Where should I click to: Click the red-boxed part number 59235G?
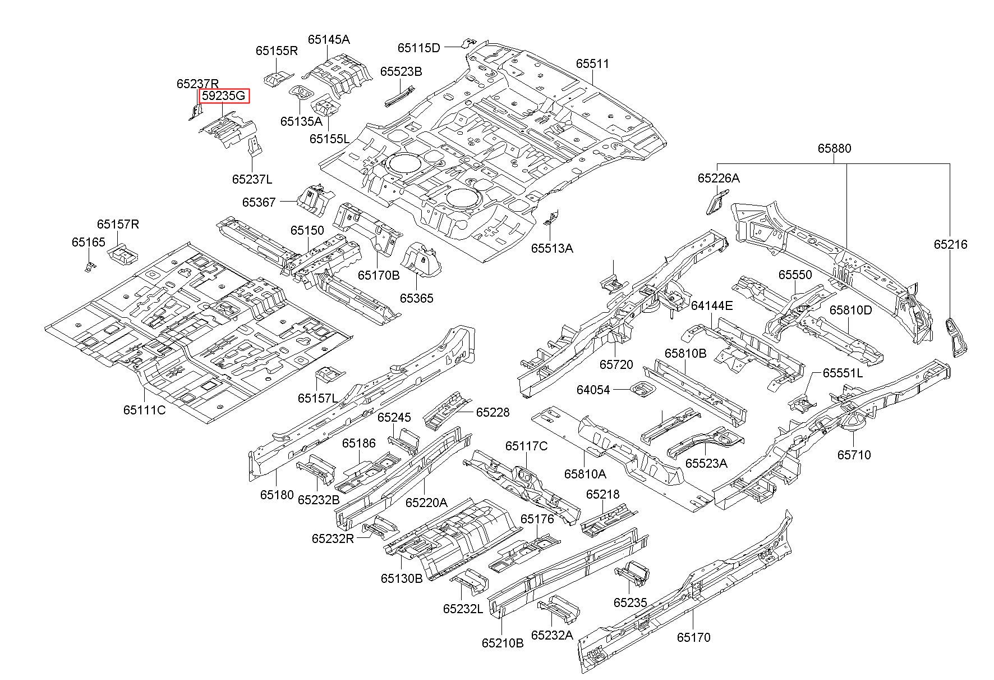224,96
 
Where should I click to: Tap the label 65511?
592,63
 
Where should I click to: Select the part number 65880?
834,148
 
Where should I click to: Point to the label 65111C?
145,409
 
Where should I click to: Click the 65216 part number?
950,244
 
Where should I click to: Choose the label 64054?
593,390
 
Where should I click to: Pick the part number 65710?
854,454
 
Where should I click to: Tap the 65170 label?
693,637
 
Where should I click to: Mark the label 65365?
417,298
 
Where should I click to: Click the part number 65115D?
419,48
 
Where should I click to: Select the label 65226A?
719,178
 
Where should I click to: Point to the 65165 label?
88,242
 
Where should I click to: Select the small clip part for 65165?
89,266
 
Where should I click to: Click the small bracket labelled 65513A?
551,218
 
